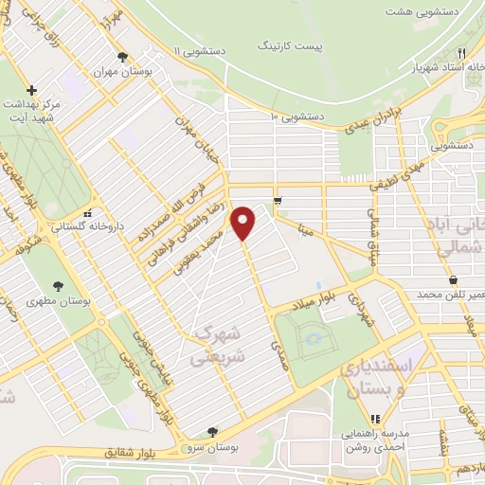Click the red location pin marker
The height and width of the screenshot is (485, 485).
pyautogui.click(x=243, y=224)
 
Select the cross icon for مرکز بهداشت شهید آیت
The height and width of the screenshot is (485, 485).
pyautogui.click(x=32, y=90)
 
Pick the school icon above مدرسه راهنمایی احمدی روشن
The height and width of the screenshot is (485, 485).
pyautogui.click(x=376, y=418)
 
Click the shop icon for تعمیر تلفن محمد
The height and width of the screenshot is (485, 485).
pyautogui.click(x=453, y=280)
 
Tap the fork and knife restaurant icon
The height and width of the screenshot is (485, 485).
pyautogui.click(x=461, y=53)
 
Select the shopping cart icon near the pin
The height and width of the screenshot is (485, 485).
pyautogui.click(x=277, y=200)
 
